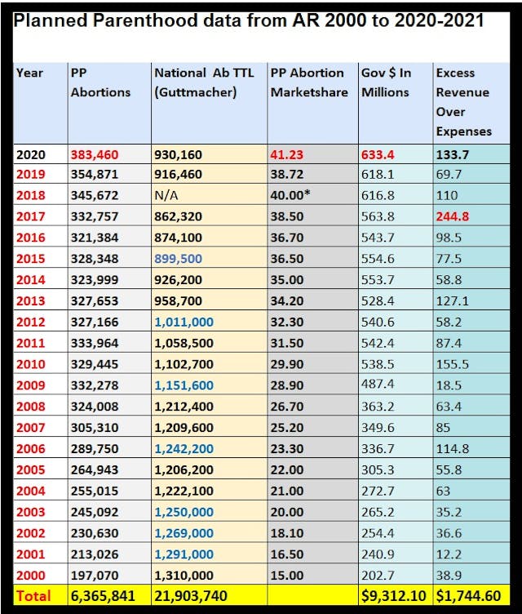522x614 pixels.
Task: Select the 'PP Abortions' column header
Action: point(100,82)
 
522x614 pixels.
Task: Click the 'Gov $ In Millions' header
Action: point(387,82)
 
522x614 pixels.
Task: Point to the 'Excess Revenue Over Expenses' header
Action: point(464,102)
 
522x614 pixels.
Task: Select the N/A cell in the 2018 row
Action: point(167,196)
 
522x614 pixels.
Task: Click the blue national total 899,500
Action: point(180,258)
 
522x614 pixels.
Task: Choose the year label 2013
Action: point(31,300)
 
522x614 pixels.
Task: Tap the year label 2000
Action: point(31,575)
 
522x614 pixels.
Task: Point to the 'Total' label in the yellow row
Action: point(33,596)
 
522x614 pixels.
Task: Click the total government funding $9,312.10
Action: point(395,596)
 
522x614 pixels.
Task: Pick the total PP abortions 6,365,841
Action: point(103,596)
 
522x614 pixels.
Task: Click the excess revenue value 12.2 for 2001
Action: point(449,554)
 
